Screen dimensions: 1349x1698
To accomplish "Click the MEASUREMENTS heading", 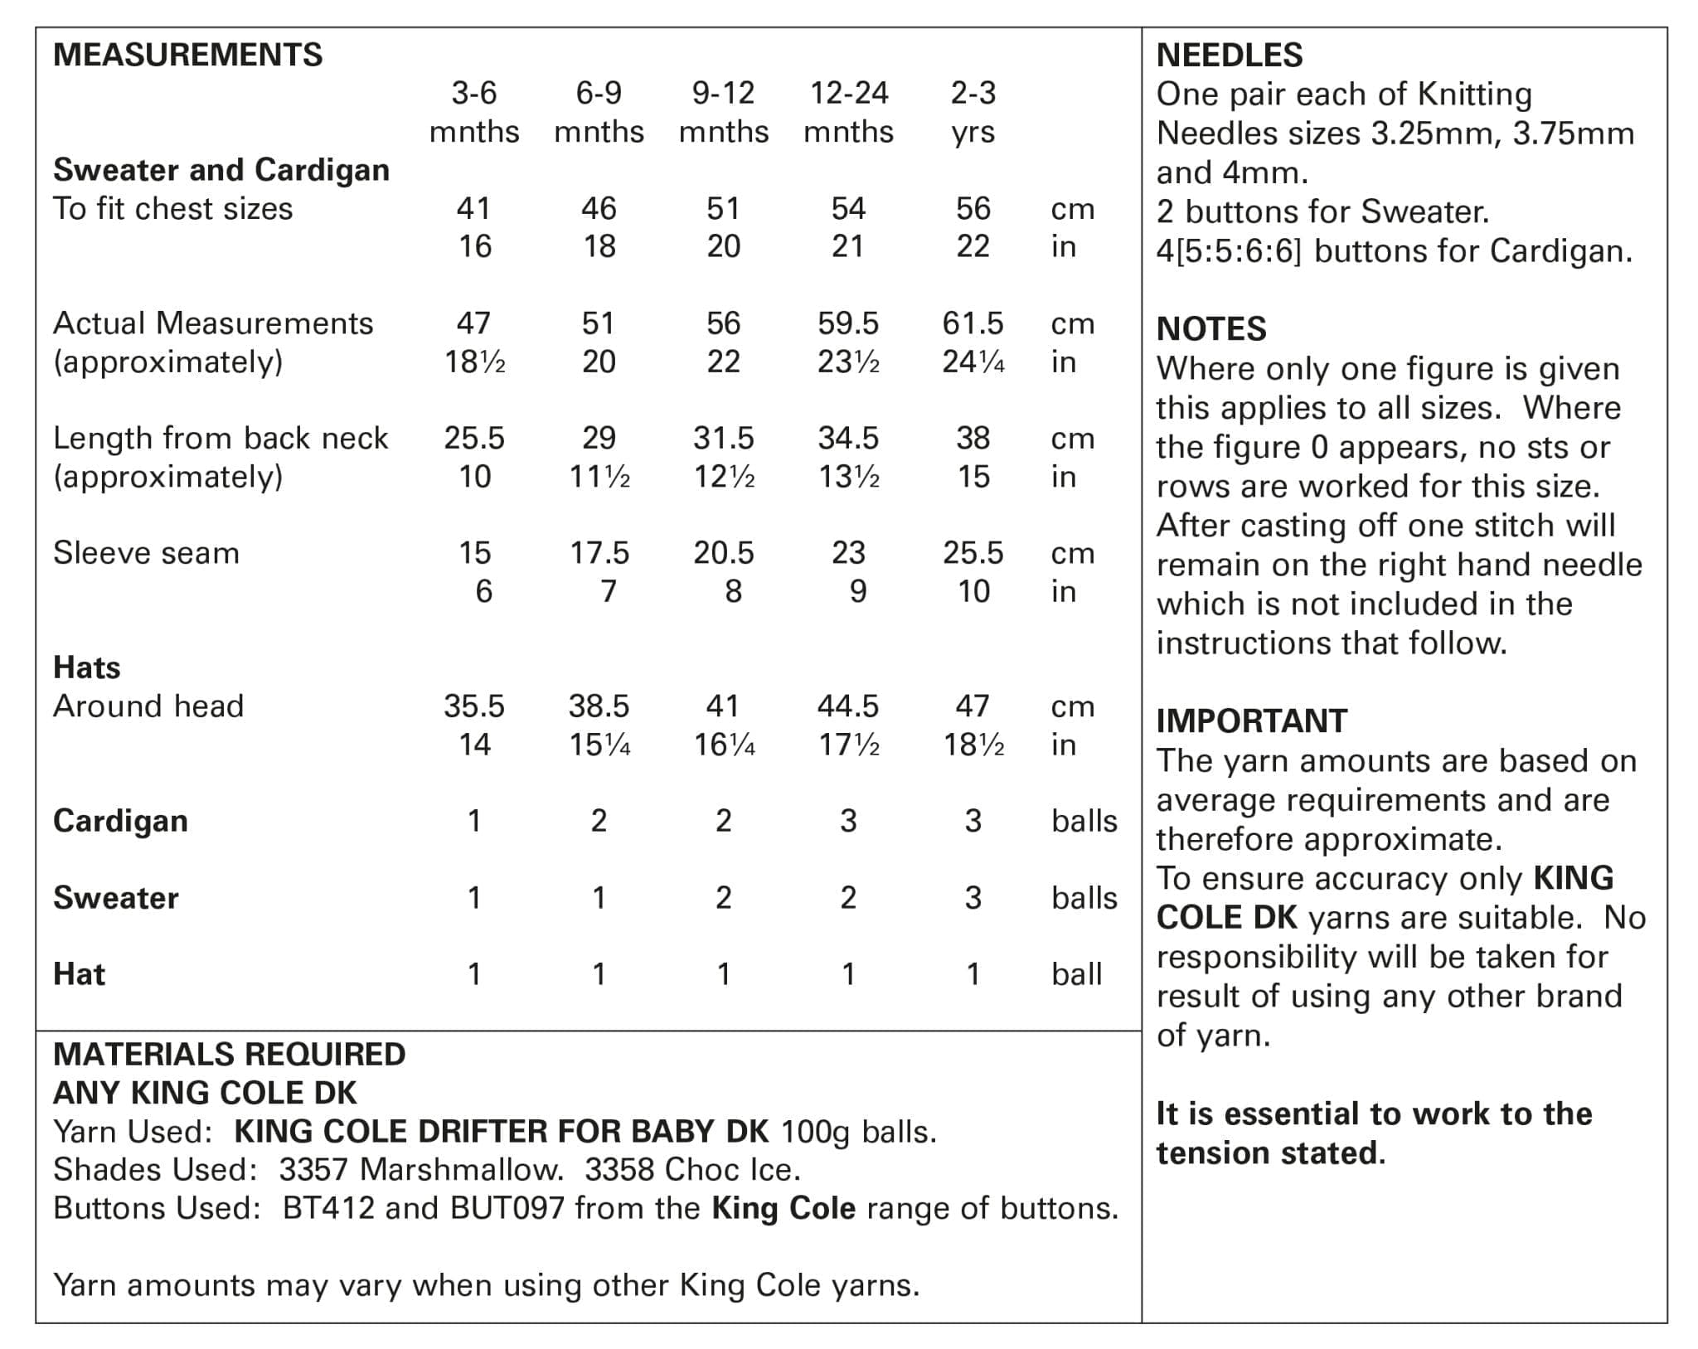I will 187,55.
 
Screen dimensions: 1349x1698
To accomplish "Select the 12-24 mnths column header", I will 848,112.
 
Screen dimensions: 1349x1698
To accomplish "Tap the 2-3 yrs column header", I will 973,112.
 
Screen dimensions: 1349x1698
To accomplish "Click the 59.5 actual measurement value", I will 848,323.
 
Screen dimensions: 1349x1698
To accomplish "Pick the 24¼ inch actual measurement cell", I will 973,362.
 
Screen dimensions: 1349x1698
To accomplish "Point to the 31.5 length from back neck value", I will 724,438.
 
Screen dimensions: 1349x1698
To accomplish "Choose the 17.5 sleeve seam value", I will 599,553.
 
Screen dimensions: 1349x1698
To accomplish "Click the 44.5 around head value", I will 848,706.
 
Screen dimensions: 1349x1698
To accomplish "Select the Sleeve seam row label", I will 146,553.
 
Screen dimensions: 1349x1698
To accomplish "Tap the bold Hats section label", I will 86,667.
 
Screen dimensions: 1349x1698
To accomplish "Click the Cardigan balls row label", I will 120,821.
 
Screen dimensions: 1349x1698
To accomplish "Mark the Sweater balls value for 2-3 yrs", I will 973,898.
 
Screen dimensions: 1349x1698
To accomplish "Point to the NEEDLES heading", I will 1230,55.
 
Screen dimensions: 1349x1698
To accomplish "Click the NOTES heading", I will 1211,329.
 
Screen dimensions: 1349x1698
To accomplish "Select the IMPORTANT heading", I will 1252,721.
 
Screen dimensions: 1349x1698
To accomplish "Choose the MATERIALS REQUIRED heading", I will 229,1055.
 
